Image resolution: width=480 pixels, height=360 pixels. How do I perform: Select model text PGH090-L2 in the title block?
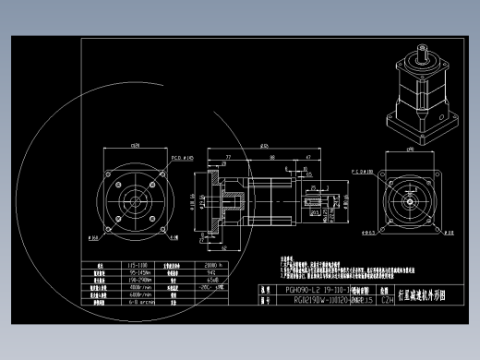[x=296, y=290]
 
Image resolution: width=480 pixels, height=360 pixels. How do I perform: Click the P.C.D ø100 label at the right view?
[x=366, y=171]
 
